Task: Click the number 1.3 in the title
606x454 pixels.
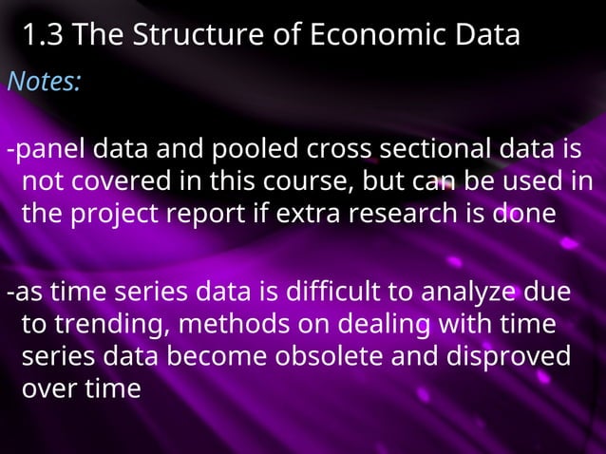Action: tap(42, 36)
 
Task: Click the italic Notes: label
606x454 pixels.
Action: tap(44, 83)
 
